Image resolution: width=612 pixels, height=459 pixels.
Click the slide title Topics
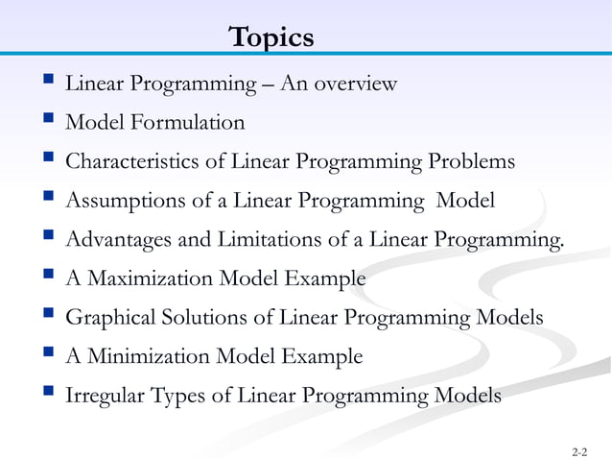(x=271, y=38)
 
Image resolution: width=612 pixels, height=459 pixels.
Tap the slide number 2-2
(x=579, y=449)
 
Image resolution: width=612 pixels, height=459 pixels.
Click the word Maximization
(x=149, y=279)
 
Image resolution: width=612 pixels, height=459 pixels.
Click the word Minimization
(x=147, y=357)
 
